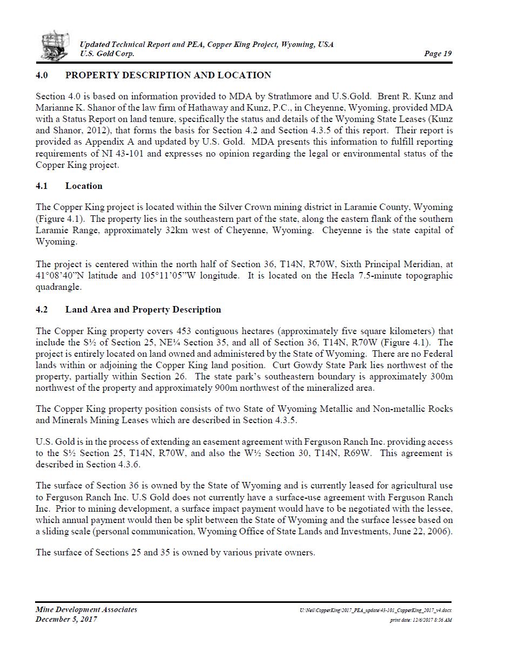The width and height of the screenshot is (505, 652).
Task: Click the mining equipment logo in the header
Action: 55,45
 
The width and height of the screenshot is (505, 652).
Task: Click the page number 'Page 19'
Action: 438,53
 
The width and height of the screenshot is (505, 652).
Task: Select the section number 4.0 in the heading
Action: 43,75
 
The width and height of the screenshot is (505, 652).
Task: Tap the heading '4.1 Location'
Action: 69,186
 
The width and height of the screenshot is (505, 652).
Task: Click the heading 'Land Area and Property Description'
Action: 143,309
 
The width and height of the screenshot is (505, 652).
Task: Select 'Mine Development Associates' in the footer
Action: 86,609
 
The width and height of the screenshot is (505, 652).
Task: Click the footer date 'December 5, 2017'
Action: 66,619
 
